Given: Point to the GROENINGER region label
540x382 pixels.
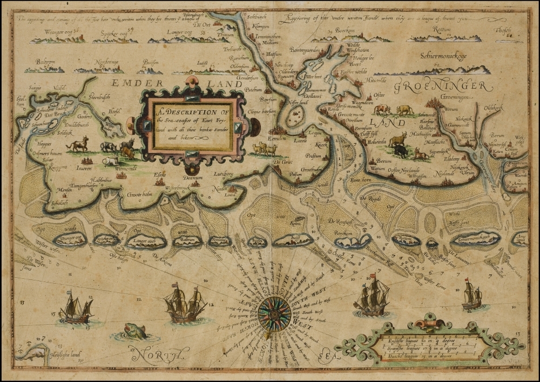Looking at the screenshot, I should pos(443,86).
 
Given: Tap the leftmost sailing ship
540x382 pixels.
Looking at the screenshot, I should pos(76,309).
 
